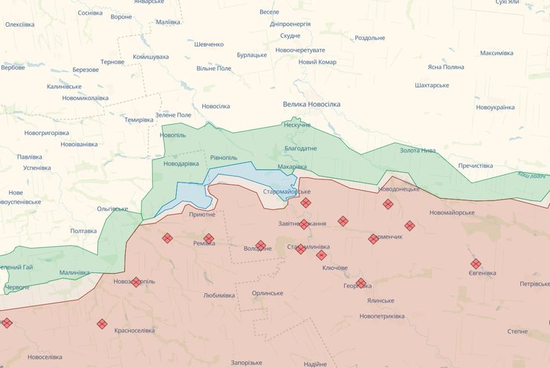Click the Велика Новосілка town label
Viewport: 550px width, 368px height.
coord(311,105)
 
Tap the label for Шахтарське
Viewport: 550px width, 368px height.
coord(431,85)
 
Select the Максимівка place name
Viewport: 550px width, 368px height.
coord(496,53)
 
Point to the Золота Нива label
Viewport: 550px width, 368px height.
coord(418,151)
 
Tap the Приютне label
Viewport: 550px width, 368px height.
coord(202,214)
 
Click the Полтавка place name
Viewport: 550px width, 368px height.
coord(83,231)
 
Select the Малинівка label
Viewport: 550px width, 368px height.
coord(74,272)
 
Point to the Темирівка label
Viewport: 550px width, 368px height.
coord(138,120)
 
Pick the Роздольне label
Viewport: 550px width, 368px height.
coord(369,38)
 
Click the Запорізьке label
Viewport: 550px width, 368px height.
coord(246,362)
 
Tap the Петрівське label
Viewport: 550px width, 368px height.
coord(534,283)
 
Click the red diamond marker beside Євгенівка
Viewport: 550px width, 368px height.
coord(476,263)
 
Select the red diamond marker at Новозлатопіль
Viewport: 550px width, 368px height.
coord(135,282)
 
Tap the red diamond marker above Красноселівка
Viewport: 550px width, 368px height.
coord(102,324)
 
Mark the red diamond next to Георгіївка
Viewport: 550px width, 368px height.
coord(361,283)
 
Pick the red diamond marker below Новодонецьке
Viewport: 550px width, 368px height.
coord(386,203)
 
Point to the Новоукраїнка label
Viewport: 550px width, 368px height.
coord(495,108)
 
